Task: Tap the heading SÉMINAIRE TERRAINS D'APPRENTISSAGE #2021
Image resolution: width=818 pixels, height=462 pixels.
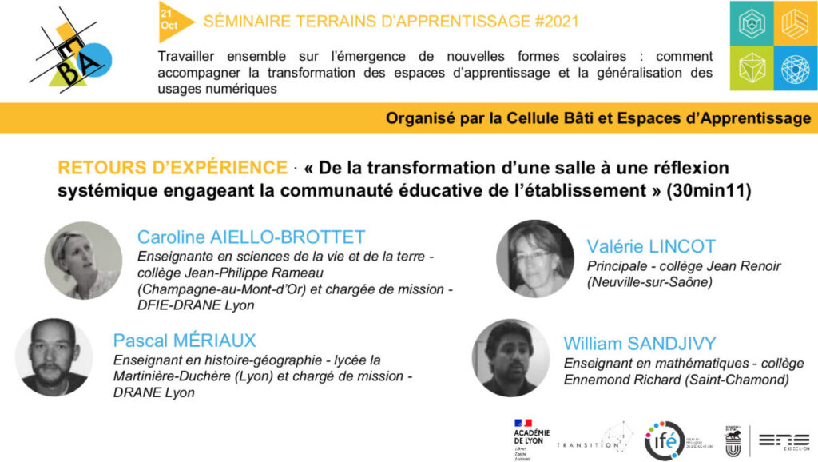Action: click(391, 22)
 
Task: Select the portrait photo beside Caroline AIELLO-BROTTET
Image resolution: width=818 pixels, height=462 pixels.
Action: click(83, 261)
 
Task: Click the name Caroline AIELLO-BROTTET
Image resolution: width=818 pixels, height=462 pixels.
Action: click(251, 237)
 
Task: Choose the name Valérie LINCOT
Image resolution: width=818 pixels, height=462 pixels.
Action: click(651, 246)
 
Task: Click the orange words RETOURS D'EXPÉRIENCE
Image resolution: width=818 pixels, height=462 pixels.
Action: click(172, 168)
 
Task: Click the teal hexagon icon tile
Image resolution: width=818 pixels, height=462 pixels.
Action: click(752, 23)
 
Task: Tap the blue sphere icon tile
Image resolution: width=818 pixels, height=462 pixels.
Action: click(796, 68)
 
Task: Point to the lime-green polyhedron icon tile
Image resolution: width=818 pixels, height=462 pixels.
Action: click(752, 68)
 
